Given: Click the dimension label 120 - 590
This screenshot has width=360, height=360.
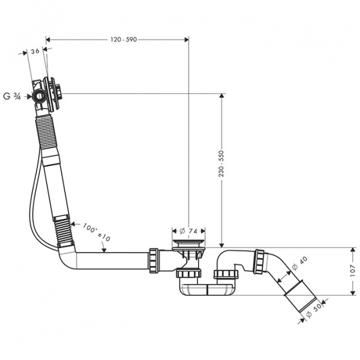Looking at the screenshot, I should (x=124, y=40).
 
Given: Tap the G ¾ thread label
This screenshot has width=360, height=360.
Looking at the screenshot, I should (x=12, y=95).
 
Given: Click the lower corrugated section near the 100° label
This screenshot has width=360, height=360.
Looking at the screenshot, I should (x=65, y=228).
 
